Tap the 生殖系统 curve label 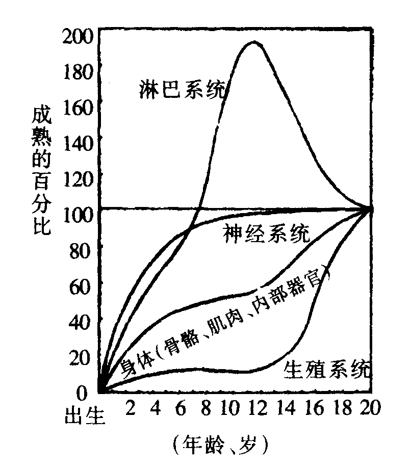(x=327, y=369)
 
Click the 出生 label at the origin (x=84, y=415)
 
